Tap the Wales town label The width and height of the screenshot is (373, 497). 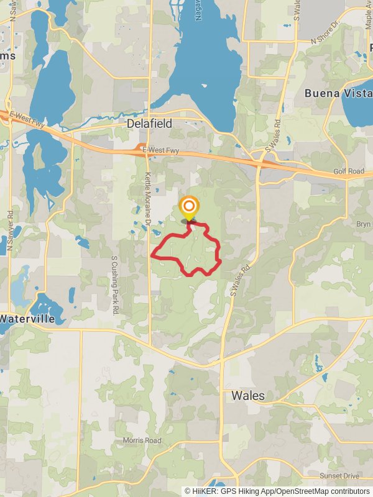[x=248, y=395]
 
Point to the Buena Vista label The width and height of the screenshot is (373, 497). [x=337, y=93]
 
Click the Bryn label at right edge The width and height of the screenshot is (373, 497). [x=363, y=223]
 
